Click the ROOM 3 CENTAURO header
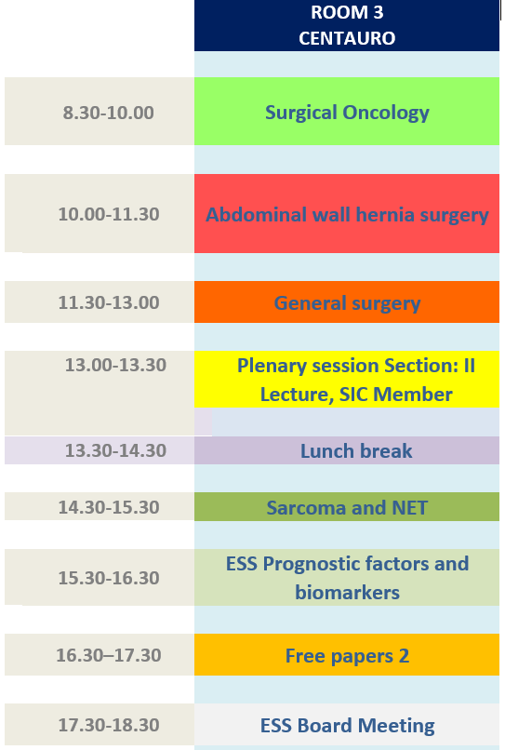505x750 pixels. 347,25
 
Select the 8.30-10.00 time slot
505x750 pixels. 109,113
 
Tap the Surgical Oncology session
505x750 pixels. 347,111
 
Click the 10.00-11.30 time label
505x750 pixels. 109,214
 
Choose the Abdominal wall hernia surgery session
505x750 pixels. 347,213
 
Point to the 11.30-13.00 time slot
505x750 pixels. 109,302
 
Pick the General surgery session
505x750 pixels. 347,301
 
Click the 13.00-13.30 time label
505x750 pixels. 115,365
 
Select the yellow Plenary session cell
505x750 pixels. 347,380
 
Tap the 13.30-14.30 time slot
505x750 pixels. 115,450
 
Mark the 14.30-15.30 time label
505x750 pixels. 109,507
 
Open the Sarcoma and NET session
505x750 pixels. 347,506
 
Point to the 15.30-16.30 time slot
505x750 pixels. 109,578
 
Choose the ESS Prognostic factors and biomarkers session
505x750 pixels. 347,577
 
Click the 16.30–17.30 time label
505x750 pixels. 109,655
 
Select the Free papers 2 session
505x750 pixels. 347,655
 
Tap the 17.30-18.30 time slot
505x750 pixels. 109,725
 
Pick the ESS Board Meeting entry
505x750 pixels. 347,725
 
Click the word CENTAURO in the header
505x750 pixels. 347,38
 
